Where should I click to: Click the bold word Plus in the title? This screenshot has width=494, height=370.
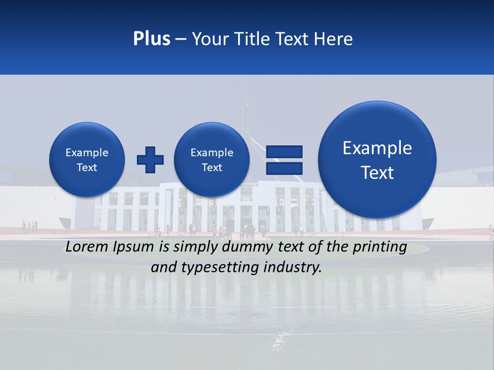coord(151,39)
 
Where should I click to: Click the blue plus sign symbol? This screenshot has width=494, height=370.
coord(150,160)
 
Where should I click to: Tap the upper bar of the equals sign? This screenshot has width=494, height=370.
coord(284,152)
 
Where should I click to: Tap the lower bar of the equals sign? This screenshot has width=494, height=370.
coord(284,168)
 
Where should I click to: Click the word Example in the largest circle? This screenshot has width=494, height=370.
coord(377,148)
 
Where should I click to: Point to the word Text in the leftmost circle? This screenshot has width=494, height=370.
coord(86,168)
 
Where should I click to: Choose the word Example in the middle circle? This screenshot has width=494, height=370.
coord(211,153)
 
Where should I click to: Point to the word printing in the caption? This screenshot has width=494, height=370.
coord(380,247)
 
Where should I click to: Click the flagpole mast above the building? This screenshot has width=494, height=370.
coord(246,103)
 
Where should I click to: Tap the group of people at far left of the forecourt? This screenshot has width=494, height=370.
coord(29,227)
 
